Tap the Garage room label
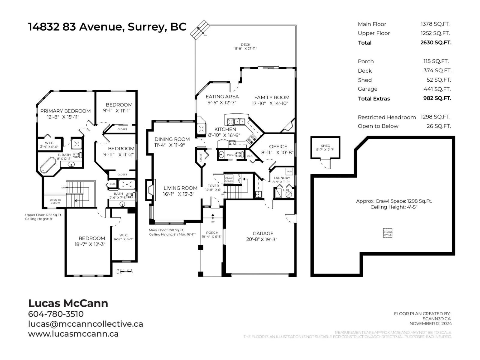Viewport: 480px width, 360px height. [263, 233]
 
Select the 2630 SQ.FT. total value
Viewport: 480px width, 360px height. [436, 42]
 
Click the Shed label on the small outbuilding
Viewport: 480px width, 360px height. [325, 146]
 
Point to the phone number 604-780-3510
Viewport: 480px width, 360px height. [56, 314]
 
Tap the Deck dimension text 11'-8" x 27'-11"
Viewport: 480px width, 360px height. [245, 49]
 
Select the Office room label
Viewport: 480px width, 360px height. [278, 146]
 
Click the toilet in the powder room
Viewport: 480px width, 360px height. [239, 155]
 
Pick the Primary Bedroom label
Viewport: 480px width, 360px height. [65, 111]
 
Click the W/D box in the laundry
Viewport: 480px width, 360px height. [289, 171]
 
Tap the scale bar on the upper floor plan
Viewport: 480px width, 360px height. [125, 271]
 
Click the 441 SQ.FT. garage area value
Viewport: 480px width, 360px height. [437, 89]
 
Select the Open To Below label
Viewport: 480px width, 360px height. [55, 201]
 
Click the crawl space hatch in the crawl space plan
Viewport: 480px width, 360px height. [388, 233]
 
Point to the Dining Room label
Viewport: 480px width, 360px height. [172, 139]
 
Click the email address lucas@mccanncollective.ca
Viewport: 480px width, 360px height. [85, 324]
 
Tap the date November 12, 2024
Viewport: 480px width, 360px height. [430, 323]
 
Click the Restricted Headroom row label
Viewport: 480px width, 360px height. [386, 117]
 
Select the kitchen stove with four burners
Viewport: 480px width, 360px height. [252, 139]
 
